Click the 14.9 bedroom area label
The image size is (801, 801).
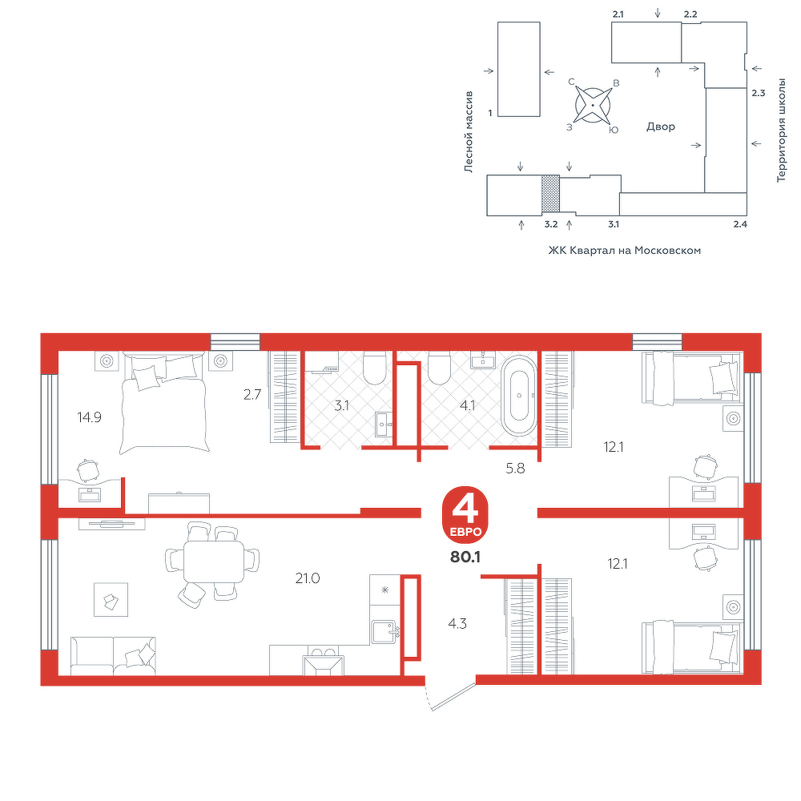(x=90, y=417)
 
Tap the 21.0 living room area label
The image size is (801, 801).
(x=308, y=578)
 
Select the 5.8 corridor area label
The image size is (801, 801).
(x=515, y=468)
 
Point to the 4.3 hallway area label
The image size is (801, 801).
(x=457, y=624)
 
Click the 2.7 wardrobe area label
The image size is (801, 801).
(x=252, y=394)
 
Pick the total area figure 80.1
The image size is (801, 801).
(x=465, y=557)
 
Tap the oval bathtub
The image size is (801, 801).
(x=519, y=396)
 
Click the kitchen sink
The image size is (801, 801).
(x=384, y=632)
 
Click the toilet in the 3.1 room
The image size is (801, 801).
(x=374, y=368)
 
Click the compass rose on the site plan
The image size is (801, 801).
(x=593, y=105)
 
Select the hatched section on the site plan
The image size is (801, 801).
(x=551, y=194)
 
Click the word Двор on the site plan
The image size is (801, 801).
(x=661, y=127)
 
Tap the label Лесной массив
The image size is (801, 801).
(x=469, y=132)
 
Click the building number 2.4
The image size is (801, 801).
(x=740, y=223)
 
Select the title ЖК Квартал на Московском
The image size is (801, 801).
(x=624, y=250)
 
